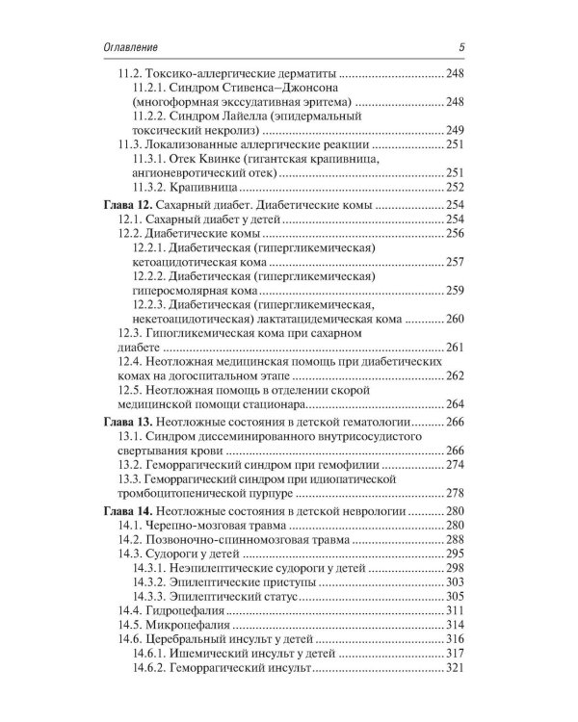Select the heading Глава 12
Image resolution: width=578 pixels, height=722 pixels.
[x=130, y=205]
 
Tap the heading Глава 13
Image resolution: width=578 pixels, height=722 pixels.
[x=130, y=422]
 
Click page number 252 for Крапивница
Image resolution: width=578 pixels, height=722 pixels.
[x=456, y=187]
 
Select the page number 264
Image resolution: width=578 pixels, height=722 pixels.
[x=456, y=403]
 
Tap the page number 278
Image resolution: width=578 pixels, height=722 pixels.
[x=456, y=493]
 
